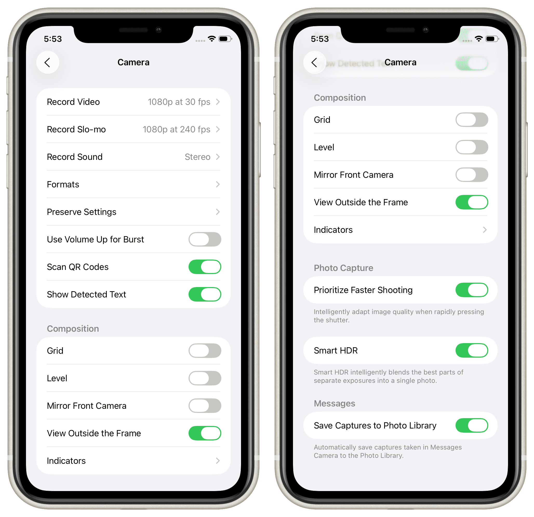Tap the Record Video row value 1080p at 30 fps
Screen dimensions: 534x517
coord(179,102)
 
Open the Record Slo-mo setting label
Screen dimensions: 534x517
coord(76,129)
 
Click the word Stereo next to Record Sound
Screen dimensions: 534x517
coord(198,157)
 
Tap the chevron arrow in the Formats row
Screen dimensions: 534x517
coord(218,184)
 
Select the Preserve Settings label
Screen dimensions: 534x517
coord(82,212)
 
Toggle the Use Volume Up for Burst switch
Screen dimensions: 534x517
coord(205,239)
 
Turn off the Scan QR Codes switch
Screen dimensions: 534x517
coord(205,267)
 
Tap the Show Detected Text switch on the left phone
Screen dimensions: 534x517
coord(205,294)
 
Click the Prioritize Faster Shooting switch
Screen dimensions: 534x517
coord(472,290)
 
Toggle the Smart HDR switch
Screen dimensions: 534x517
coord(472,350)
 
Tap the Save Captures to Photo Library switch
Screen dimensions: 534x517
coord(472,426)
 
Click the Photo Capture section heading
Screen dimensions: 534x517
coord(343,268)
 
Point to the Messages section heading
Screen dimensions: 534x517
coord(334,404)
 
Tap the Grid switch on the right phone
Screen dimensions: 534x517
coord(472,120)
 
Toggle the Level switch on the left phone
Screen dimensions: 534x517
coord(205,378)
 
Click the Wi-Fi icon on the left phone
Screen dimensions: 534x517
coord(212,39)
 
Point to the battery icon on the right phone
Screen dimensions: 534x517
coord(492,39)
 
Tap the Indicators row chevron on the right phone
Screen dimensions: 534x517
coord(485,230)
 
